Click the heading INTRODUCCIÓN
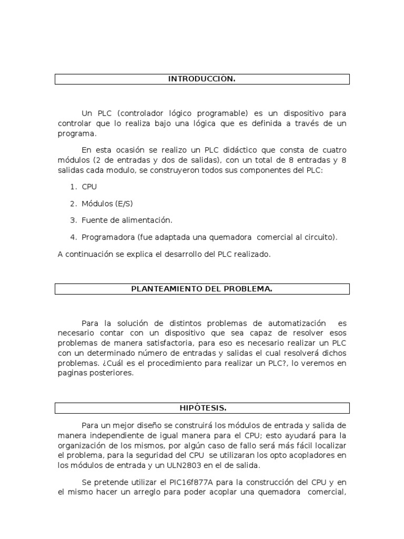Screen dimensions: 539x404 point(201,79)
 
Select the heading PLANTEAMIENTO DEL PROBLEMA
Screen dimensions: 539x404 point(201,288)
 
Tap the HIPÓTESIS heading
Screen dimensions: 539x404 point(202,408)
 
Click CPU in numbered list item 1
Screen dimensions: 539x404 point(89,186)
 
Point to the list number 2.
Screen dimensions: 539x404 point(73,203)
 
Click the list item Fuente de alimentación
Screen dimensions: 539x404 point(127,220)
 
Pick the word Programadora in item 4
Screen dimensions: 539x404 point(105,237)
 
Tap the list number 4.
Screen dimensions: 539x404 point(73,237)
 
